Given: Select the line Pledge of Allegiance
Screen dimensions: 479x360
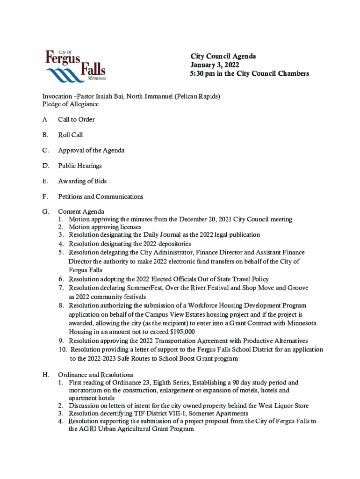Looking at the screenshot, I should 71,104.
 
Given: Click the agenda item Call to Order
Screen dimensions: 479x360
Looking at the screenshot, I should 76,120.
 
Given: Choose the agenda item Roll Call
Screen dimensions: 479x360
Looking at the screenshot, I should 70,135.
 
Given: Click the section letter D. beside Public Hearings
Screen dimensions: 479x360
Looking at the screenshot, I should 46,166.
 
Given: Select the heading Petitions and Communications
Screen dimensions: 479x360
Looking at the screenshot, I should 101,197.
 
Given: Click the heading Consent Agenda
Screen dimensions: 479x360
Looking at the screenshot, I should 81,212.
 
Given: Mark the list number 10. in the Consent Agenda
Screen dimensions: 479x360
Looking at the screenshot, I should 62,350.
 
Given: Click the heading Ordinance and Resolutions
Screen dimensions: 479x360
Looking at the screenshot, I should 95,375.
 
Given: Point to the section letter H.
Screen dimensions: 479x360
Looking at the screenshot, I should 46,375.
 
